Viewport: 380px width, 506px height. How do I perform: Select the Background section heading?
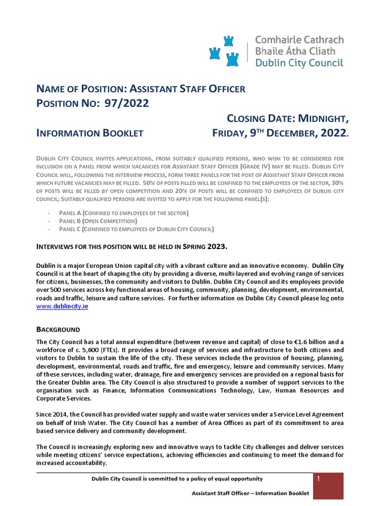(x=58, y=330)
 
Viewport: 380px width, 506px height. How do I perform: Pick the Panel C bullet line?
(x=137, y=229)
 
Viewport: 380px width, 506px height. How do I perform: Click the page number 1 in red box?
(x=319, y=479)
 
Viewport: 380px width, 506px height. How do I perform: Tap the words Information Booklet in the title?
(x=90, y=133)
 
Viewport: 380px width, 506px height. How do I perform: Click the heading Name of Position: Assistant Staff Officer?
(x=141, y=89)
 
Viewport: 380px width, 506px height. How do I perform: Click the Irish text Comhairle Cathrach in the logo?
(x=299, y=40)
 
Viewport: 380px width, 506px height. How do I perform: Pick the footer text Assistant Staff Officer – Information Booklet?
(x=250, y=493)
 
